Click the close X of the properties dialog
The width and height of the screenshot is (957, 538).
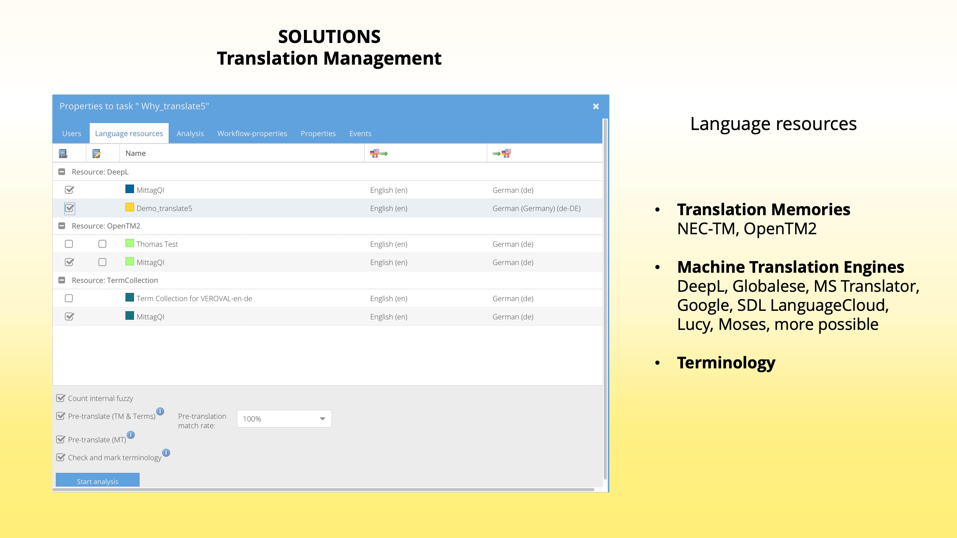(x=596, y=106)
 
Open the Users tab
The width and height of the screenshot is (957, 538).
(x=71, y=133)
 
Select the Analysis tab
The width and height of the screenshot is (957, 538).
(x=190, y=133)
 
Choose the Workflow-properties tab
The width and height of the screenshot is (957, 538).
(x=252, y=133)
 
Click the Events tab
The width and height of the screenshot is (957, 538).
(x=360, y=133)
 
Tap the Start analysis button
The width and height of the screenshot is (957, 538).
(x=98, y=481)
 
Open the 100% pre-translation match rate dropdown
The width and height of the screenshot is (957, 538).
(x=284, y=418)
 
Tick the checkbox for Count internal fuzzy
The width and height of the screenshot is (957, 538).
(x=61, y=398)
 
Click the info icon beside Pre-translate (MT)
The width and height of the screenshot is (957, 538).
(x=130, y=435)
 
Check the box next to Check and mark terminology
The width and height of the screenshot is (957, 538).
(x=61, y=457)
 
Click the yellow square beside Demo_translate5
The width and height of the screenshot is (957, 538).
(x=130, y=207)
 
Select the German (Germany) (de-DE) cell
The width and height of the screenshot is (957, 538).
(x=536, y=208)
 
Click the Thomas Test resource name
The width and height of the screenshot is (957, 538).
(x=157, y=244)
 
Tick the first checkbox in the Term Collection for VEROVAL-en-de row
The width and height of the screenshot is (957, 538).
(x=69, y=298)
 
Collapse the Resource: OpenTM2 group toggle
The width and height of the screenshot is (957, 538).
(x=62, y=226)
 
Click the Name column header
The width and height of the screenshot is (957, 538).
(x=136, y=153)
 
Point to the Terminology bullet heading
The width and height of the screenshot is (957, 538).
(x=726, y=363)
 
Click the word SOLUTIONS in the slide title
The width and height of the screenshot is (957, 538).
(x=329, y=37)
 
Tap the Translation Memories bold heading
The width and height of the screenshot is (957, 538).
(x=763, y=210)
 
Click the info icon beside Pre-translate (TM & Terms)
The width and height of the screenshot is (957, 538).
(x=160, y=411)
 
